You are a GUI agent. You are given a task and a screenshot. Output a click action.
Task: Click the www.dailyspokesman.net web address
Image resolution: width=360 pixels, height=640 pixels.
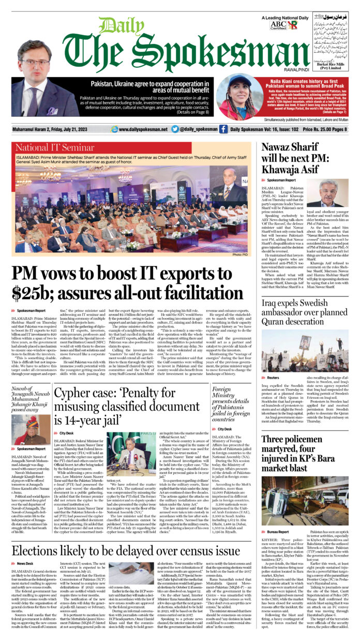click(x=139, y=129)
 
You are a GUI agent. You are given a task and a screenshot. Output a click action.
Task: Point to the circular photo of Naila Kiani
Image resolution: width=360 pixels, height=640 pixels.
click(x=235, y=97)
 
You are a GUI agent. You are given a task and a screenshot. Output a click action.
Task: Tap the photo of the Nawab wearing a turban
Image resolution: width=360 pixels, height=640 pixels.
click(x=32, y=430)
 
